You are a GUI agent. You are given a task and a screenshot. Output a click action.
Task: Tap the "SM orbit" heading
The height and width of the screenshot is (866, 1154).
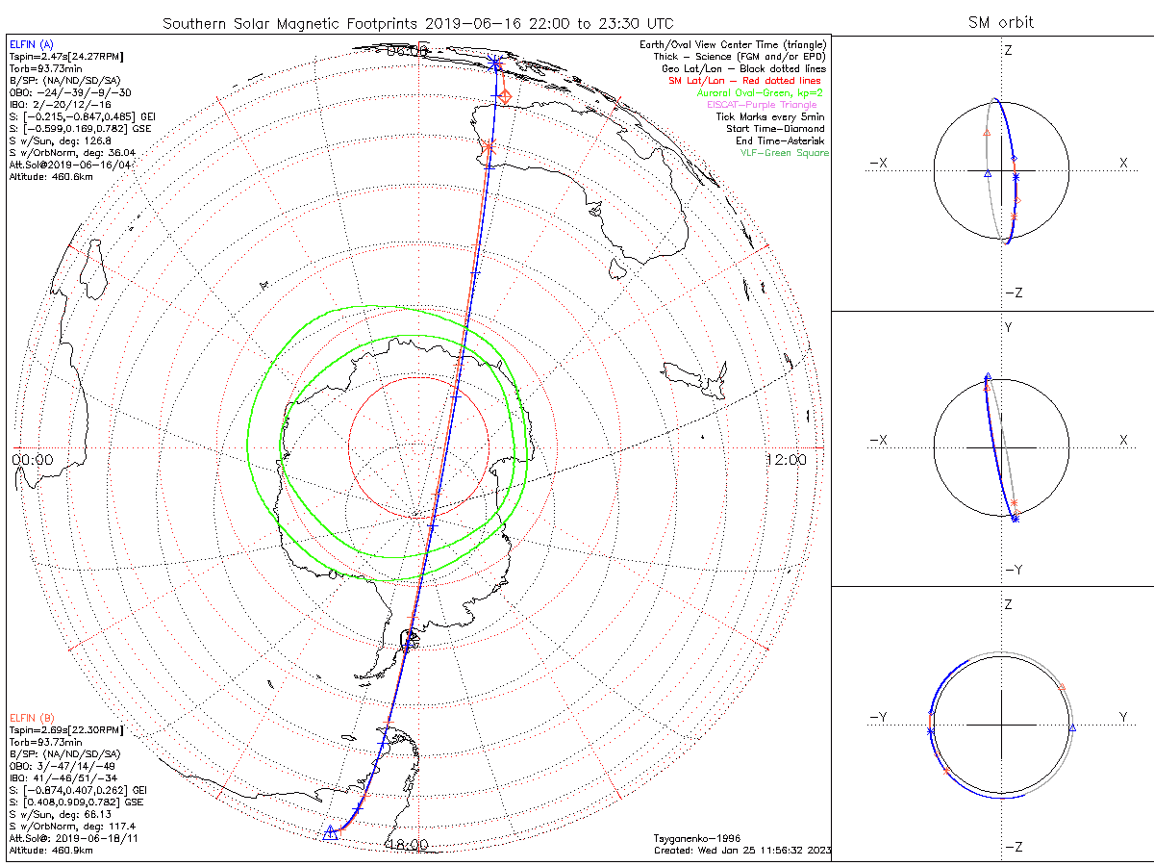[x=1001, y=23]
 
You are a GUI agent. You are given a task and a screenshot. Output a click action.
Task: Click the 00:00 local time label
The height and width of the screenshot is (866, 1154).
[x=33, y=460]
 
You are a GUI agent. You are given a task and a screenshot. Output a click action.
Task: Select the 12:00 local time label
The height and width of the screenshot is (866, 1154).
[x=786, y=460]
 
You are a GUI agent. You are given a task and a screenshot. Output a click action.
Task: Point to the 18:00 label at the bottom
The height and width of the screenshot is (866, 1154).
[x=407, y=845]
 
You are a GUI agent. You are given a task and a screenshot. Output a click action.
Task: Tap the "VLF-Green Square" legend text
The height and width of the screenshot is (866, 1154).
[x=784, y=153]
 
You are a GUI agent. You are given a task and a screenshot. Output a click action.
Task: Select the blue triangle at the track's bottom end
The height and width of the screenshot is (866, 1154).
[x=331, y=832]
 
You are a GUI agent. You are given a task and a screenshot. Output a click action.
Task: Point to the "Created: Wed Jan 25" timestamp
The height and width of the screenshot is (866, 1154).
[x=741, y=850]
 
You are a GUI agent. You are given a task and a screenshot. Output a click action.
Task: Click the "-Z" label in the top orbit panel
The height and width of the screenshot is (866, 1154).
[x=1014, y=293]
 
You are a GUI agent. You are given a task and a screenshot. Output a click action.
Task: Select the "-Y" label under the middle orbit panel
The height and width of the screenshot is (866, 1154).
[x=1014, y=569]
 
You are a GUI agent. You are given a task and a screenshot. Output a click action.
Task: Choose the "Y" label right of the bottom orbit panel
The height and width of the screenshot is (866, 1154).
[x=1122, y=717]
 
